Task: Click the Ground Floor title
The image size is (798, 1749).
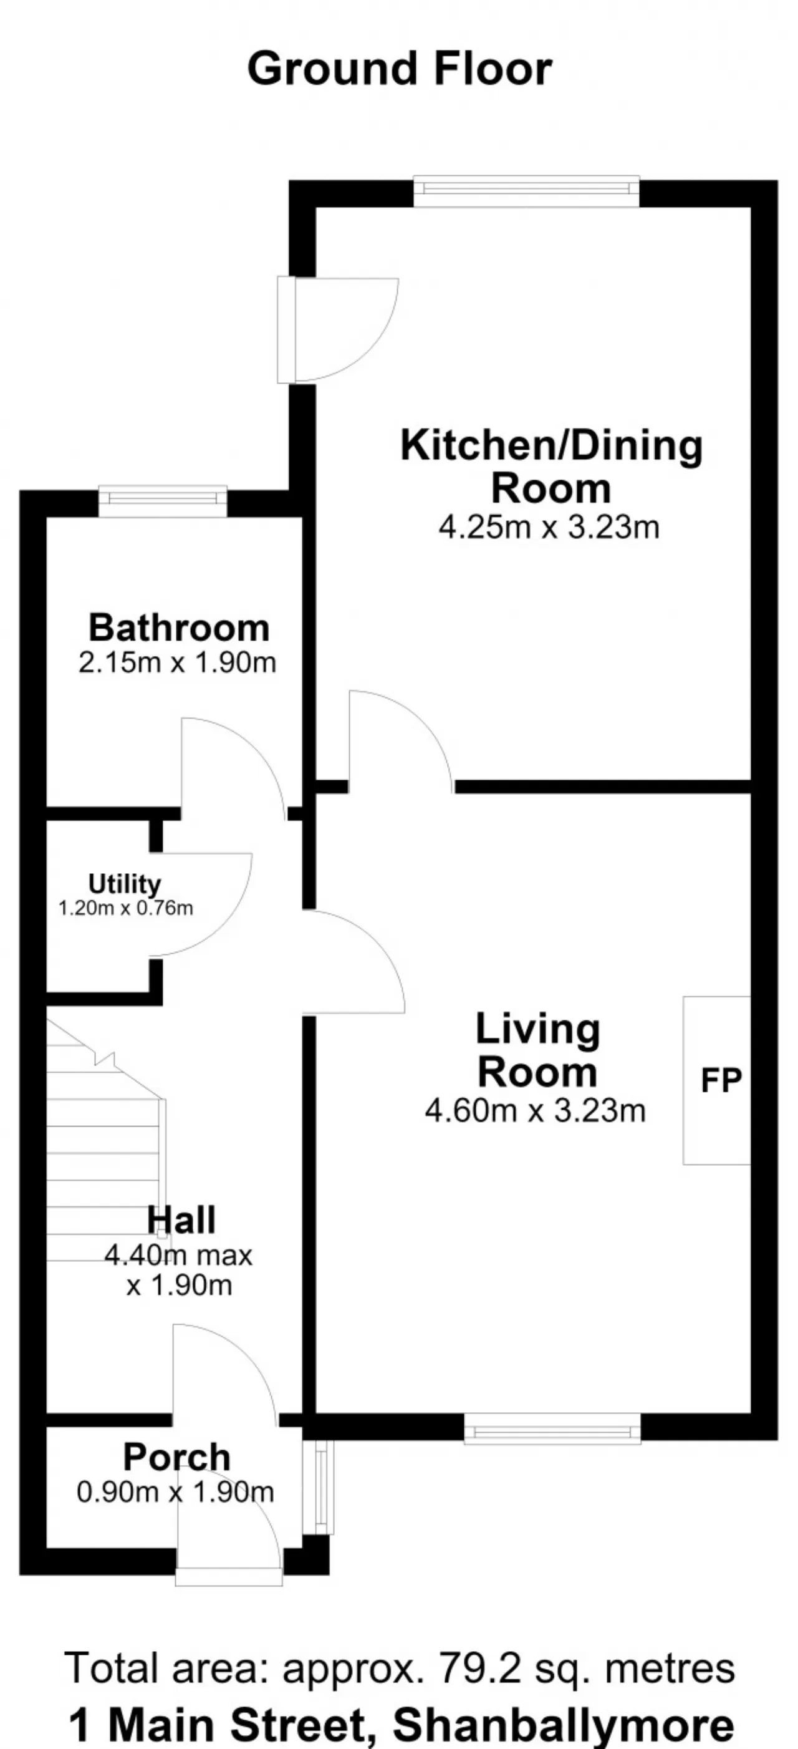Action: tap(400, 69)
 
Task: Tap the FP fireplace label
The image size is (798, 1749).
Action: tap(721, 1080)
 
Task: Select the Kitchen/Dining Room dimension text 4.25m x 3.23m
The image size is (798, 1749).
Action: tap(549, 528)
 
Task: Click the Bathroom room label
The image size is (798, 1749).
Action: tap(179, 627)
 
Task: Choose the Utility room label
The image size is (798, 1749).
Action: tap(125, 883)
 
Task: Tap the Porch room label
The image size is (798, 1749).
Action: tap(177, 1457)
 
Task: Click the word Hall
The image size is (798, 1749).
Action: tap(182, 1219)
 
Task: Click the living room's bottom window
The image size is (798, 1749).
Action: tap(552, 1428)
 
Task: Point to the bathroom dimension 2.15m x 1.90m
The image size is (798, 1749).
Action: tap(178, 662)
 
